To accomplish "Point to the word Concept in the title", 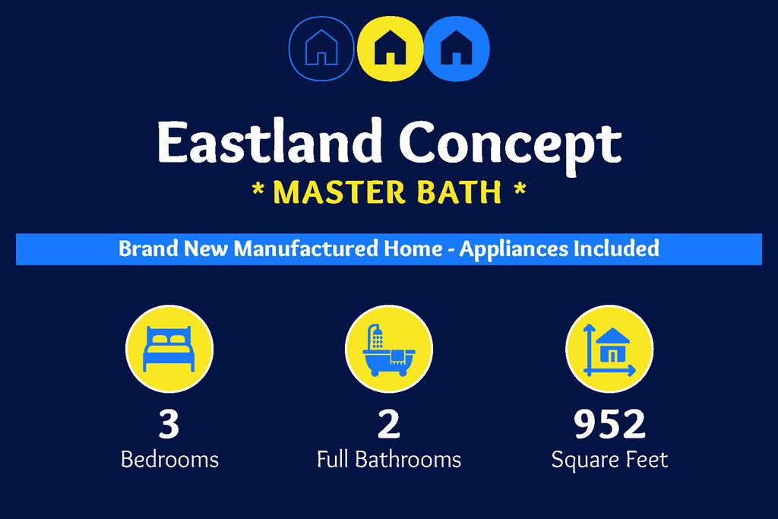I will pos(510,144).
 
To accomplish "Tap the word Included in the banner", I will pos(617,248).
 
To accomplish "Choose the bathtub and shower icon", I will pos(389,350).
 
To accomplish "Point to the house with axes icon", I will pos(609,350).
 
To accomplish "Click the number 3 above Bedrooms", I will pos(169,424).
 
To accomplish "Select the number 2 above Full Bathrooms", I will pos(389,424).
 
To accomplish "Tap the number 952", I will pos(609,424).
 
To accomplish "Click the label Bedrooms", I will pos(169,460).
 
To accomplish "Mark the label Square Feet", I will pos(609,460).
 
